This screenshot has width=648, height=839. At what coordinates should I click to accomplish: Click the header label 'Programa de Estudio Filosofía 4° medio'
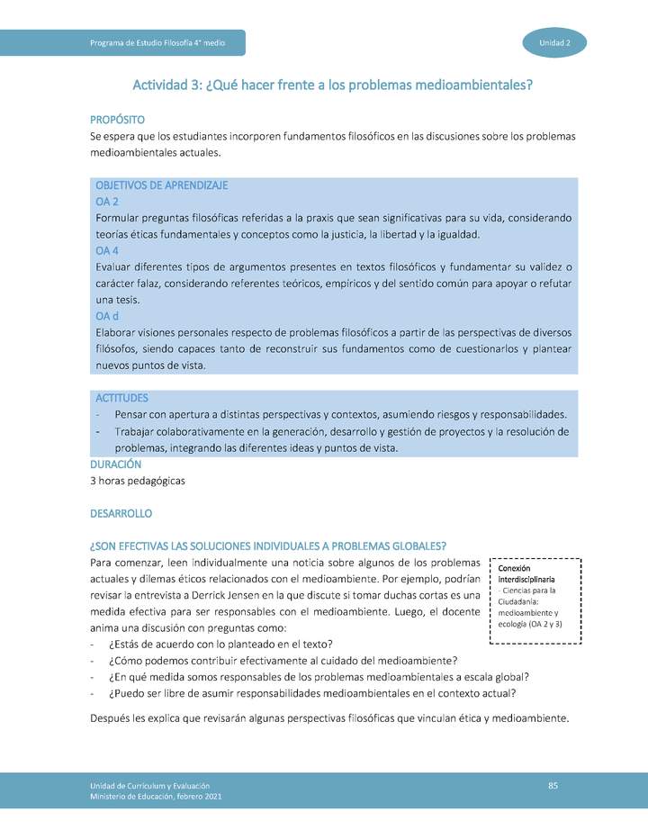[157, 43]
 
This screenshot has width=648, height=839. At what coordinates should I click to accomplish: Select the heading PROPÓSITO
[118, 120]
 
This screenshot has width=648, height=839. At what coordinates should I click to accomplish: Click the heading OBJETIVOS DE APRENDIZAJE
[161, 185]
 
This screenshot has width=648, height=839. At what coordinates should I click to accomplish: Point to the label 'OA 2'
[107, 202]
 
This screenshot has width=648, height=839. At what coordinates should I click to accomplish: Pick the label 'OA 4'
[107, 250]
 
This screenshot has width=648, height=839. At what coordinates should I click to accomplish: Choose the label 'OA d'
[107, 316]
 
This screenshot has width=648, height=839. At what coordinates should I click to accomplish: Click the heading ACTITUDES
[121, 398]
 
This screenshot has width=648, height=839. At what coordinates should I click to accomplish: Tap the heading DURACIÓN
[116, 465]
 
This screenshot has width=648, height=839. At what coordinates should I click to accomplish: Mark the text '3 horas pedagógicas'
[138, 481]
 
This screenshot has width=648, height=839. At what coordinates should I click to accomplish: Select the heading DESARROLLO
[121, 514]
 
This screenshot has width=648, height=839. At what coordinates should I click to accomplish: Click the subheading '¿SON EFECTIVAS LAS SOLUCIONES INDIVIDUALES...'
[268, 546]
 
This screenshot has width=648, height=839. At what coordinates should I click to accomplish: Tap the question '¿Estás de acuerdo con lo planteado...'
[220, 644]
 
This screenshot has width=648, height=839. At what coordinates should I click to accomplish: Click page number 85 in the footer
[553, 787]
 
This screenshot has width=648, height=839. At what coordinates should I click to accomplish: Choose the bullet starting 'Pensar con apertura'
[340, 415]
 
